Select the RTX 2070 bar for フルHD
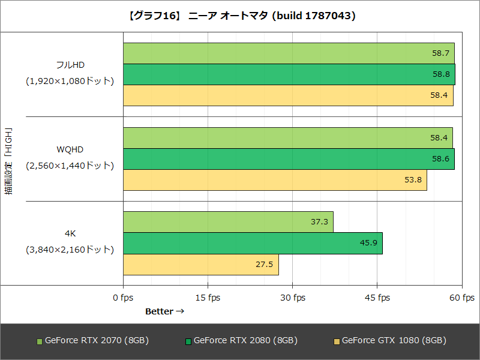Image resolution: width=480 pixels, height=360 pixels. coord(289,53)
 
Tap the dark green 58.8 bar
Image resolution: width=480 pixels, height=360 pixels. coord(289,74)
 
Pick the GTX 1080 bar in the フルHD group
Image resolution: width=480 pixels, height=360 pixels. coord(288,95)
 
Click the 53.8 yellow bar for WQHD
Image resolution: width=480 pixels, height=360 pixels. coord(275,180)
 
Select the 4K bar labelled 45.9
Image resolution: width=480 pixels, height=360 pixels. coord(253,243)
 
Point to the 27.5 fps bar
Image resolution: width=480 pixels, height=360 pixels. coord(201,265)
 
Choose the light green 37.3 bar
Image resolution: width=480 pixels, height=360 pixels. coord(228,222)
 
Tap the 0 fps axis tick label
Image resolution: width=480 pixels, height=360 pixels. coord(124,298)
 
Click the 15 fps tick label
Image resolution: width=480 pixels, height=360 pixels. coord(208,298)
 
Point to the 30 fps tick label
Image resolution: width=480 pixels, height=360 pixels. coord(292,298)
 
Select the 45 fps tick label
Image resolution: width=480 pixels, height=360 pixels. coord(377,298)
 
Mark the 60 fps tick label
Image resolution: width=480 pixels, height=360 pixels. coord(461,298)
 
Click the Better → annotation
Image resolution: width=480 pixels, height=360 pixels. coord(164,311)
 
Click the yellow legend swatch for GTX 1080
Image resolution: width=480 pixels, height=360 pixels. coord(337,341)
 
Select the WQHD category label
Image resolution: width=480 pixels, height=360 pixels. coord(70,149)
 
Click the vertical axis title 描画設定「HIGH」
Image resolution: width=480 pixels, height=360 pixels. coord(8,160)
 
